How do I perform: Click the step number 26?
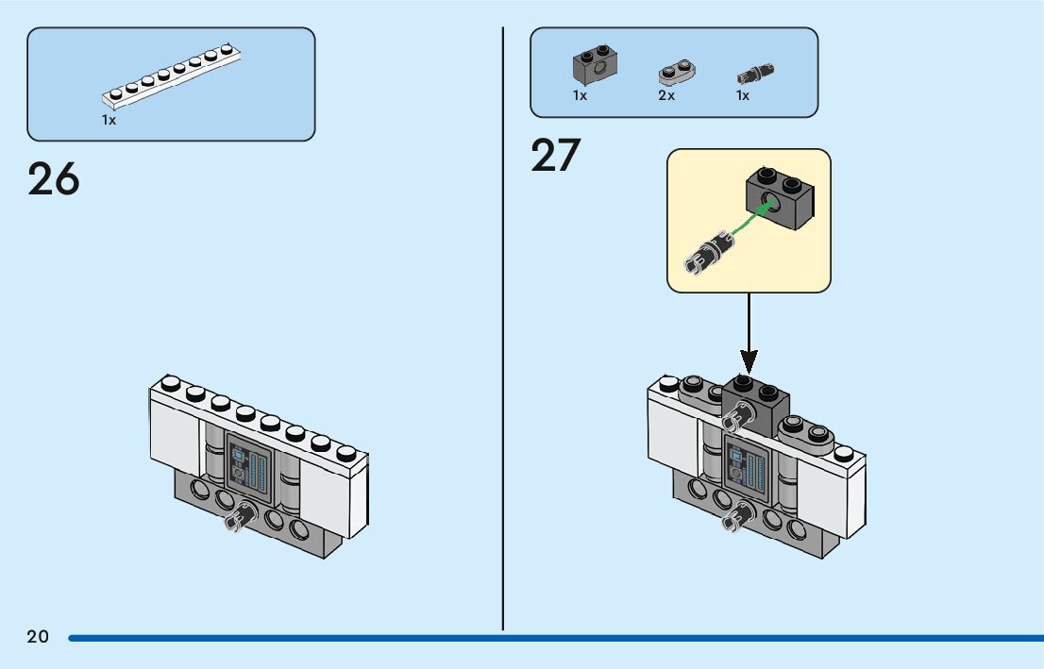(53, 179)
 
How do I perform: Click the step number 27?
(555, 155)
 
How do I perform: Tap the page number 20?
(38, 636)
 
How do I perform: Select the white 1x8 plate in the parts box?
(171, 76)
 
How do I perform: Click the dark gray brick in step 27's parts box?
(596, 64)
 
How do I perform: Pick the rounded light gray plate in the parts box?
(677, 72)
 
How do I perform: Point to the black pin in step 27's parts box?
(755, 73)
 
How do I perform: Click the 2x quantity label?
(666, 96)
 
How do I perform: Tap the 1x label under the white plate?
(109, 120)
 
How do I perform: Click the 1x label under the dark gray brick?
(580, 96)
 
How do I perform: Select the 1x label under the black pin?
(742, 96)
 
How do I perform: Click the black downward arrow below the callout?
(749, 333)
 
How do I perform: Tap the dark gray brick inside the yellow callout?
(779, 198)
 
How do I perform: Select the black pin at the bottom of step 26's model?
(241, 515)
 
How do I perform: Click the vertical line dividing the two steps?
(503, 328)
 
